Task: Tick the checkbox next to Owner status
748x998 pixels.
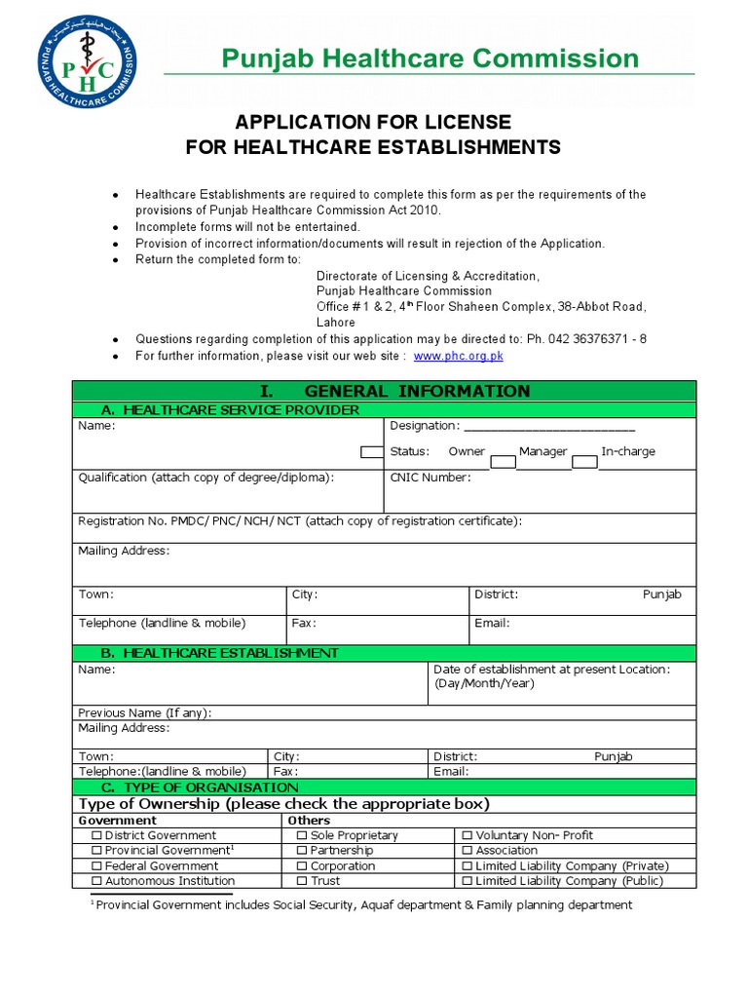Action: click(x=371, y=452)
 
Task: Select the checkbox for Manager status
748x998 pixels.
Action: click(x=503, y=461)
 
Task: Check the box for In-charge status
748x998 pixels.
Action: click(x=584, y=461)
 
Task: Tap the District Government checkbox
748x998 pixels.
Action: click(x=95, y=836)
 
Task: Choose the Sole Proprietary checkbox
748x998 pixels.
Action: click(x=302, y=836)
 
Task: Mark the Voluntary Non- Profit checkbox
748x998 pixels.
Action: click(x=467, y=836)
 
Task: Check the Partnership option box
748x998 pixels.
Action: click(x=302, y=851)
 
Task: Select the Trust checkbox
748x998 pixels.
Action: click(x=302, y=881)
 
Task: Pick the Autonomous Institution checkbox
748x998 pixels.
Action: click(x=95, y=881)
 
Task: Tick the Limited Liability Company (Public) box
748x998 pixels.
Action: click(x=467, y=881)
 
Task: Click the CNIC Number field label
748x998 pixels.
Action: click(x=430, y=478)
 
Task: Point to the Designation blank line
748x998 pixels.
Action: click(x=549, y=427)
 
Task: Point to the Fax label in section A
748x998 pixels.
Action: click(x=304, y=623)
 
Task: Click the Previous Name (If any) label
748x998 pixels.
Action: click(x=144, y=712)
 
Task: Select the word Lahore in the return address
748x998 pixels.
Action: click(x=336, y=323)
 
